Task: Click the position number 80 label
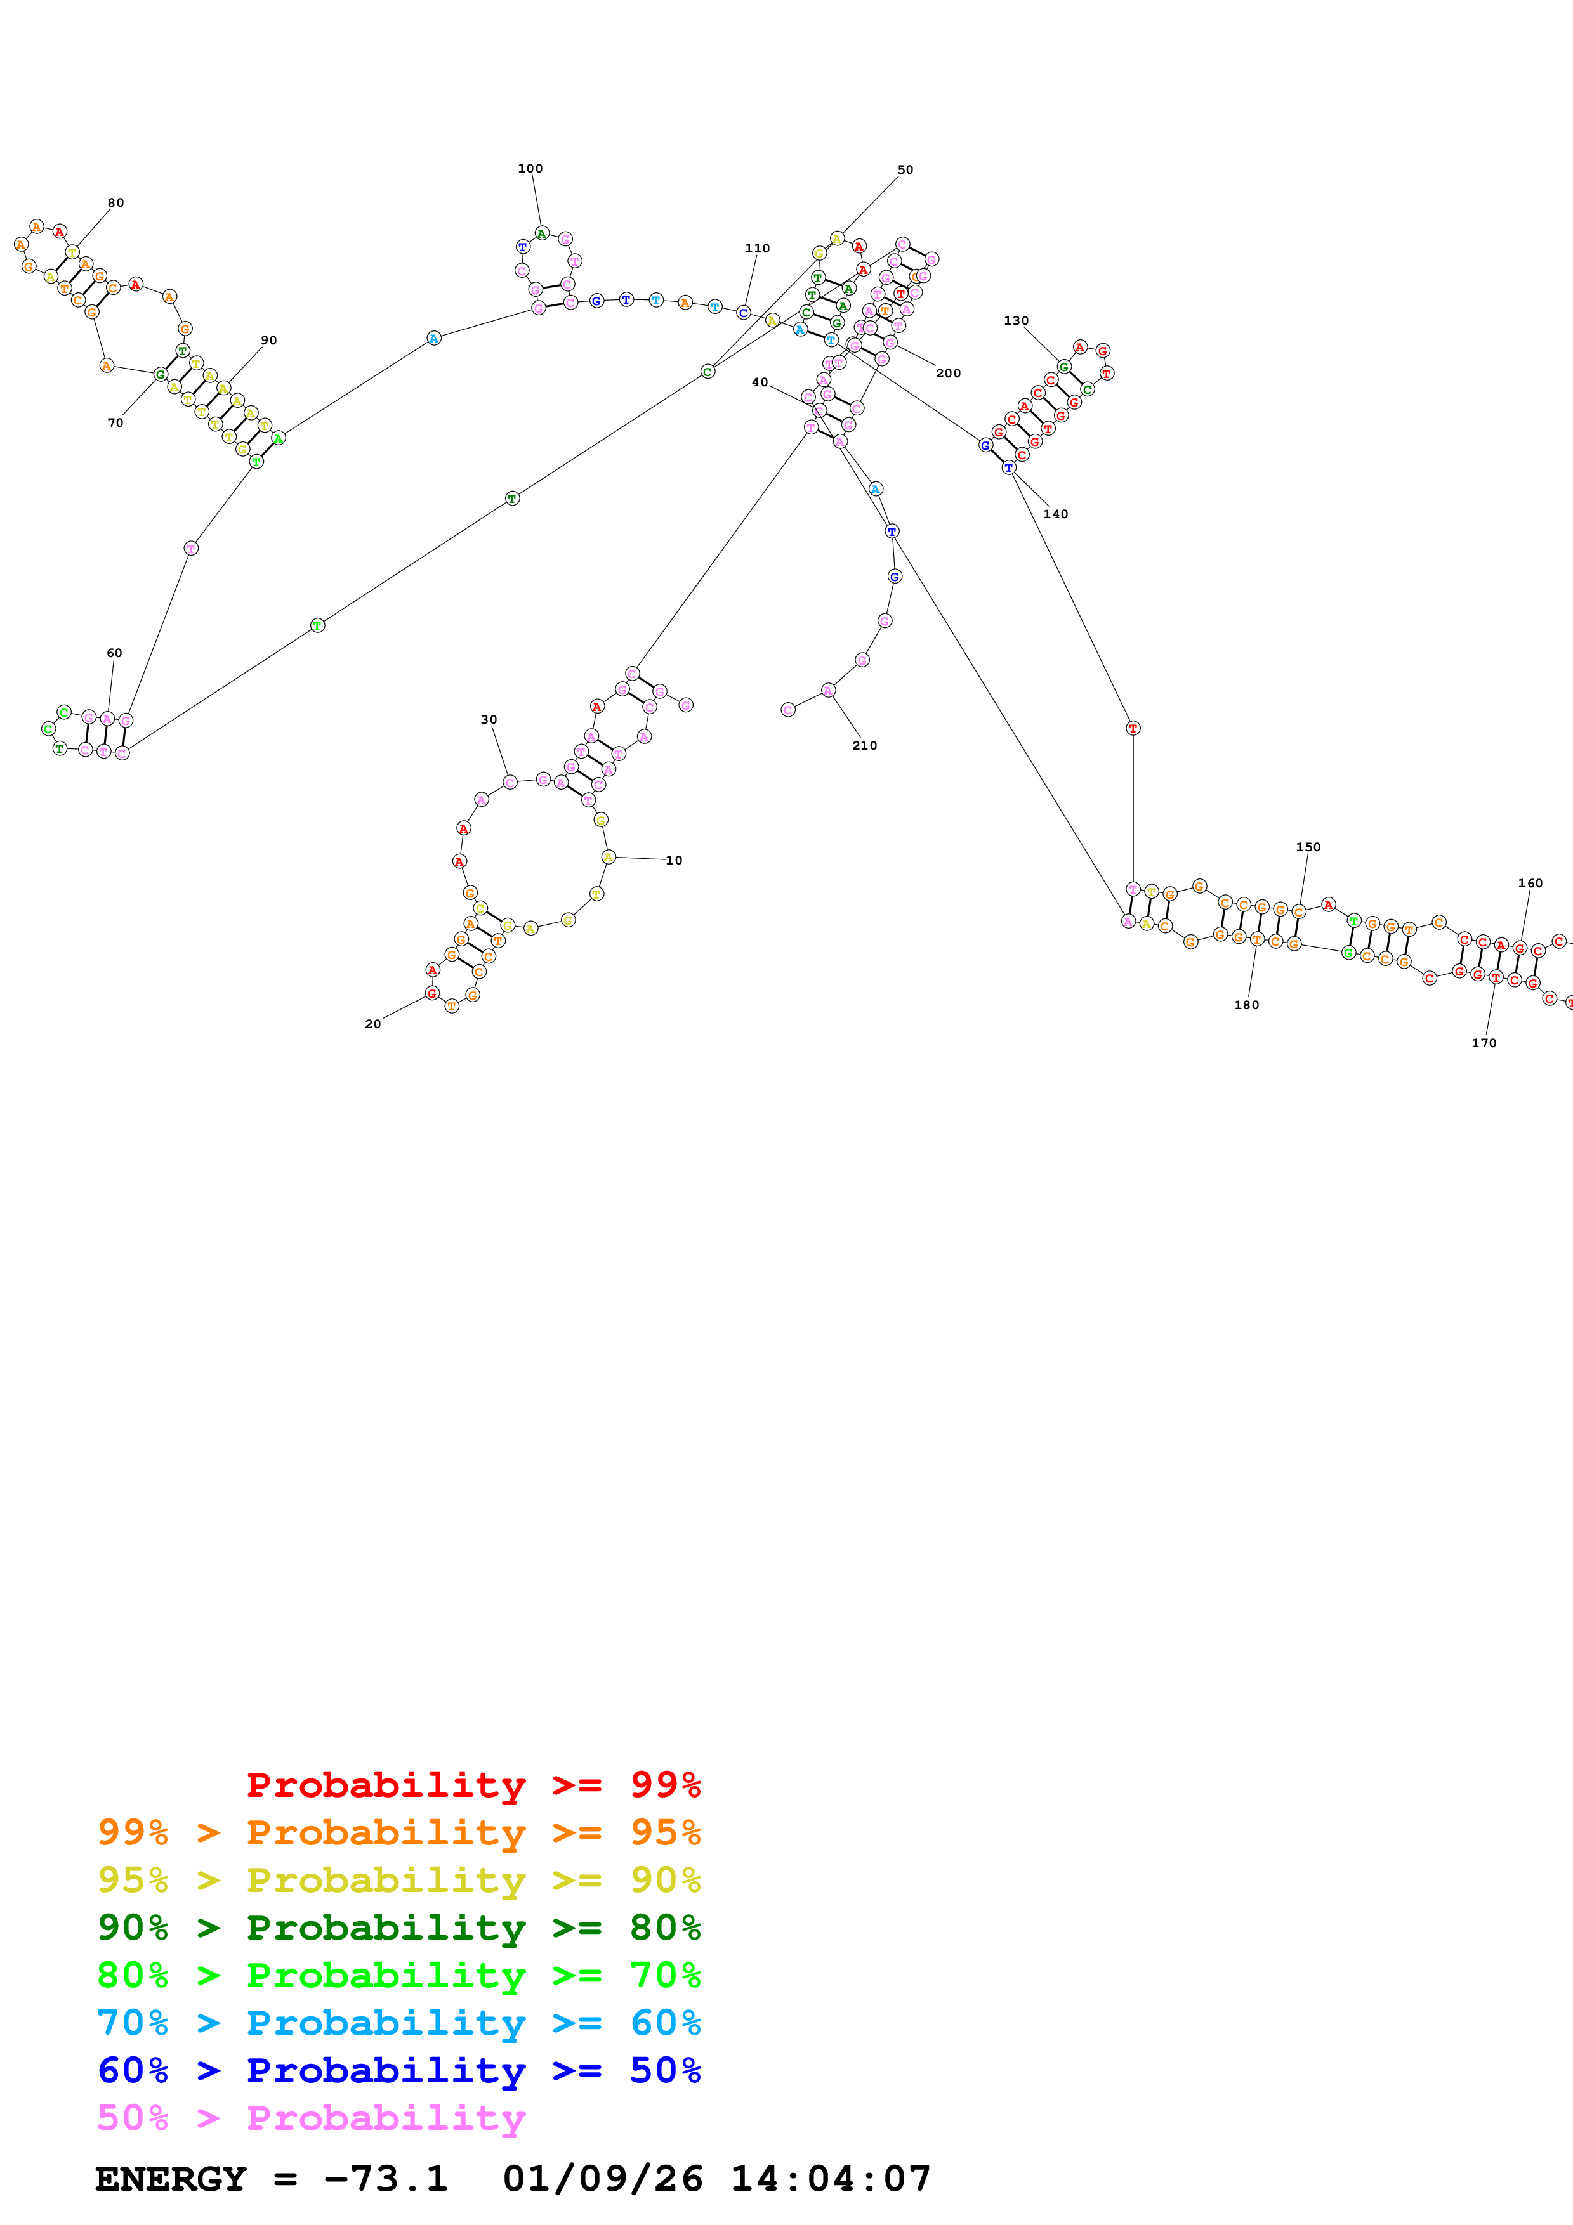115,202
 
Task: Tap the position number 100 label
530,169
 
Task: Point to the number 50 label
905,169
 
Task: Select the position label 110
758,248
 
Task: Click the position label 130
1016,321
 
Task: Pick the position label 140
1055,514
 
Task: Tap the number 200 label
948,373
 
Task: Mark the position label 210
864,745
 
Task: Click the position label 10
674,861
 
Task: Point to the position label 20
372,1024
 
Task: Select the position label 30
489,720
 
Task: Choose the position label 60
114,653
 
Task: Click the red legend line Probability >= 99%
473,1784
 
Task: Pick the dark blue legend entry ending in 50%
398,2070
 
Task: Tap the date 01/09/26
602,2179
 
